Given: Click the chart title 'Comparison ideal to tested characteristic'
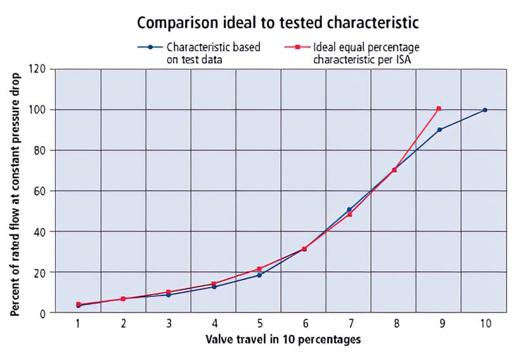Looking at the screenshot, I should pyautogui.click(x=278, y=23).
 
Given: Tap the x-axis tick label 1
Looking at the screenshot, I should pyautogui.click(x=78, y=323).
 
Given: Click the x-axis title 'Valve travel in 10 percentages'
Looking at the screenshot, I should pyautogui.click(x=283, y=340).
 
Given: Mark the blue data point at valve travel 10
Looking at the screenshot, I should pyautogui.click(x=485, y=110).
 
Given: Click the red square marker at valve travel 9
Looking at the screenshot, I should pyautogui.click(x=439, y=108).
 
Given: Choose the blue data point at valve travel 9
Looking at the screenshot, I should pyautogui.click(x=439, y=129).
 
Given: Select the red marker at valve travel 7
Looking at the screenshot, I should pyautogui.click(x=349, y=214).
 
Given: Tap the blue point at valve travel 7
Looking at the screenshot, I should pyautogui.click(x=349, y=209).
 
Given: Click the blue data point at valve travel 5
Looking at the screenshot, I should pyautogui.click(x=259, y=275).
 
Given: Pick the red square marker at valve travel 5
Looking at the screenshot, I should pyautogui.click(x=259, y=269).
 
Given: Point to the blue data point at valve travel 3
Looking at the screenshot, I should pyautogui.click(x=169, y=295).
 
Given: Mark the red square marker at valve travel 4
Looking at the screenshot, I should pyautogui.click(x=214, y=283).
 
